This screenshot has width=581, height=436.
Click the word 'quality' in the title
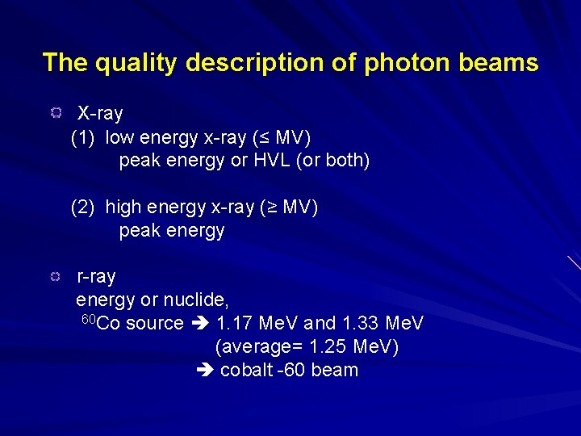(x=132, y=63)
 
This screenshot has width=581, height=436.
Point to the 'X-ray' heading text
(x=99, y=114)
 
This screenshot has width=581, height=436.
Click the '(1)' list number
(x=83, y=137)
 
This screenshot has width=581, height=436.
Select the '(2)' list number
(x=83, y=208)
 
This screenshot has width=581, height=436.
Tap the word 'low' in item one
(x=120, y=137)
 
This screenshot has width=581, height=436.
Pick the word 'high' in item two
(x=123, y=208)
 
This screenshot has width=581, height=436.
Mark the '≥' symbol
(x=272, y=208)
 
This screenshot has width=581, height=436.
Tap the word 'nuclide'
(x=196, y=300)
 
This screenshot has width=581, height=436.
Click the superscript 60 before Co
(x=90, y=320)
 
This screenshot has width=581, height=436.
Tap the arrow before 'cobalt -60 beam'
(x=205, y=371)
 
